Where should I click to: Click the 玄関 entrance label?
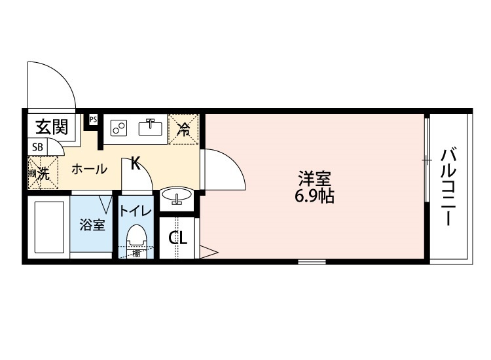tap(52, 126)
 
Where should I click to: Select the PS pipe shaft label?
tap(93, 119)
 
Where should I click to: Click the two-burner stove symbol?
tap(119, 127)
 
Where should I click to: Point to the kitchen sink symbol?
tap(152, 127)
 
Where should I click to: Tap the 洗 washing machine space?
tap(41, 173)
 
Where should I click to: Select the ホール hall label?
tap(88, 169)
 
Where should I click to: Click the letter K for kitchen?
tap(135, 163)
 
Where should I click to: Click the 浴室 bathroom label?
tap(92, 225)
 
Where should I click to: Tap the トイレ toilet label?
tap(135, 211)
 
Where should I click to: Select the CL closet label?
tap(178, 238)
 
